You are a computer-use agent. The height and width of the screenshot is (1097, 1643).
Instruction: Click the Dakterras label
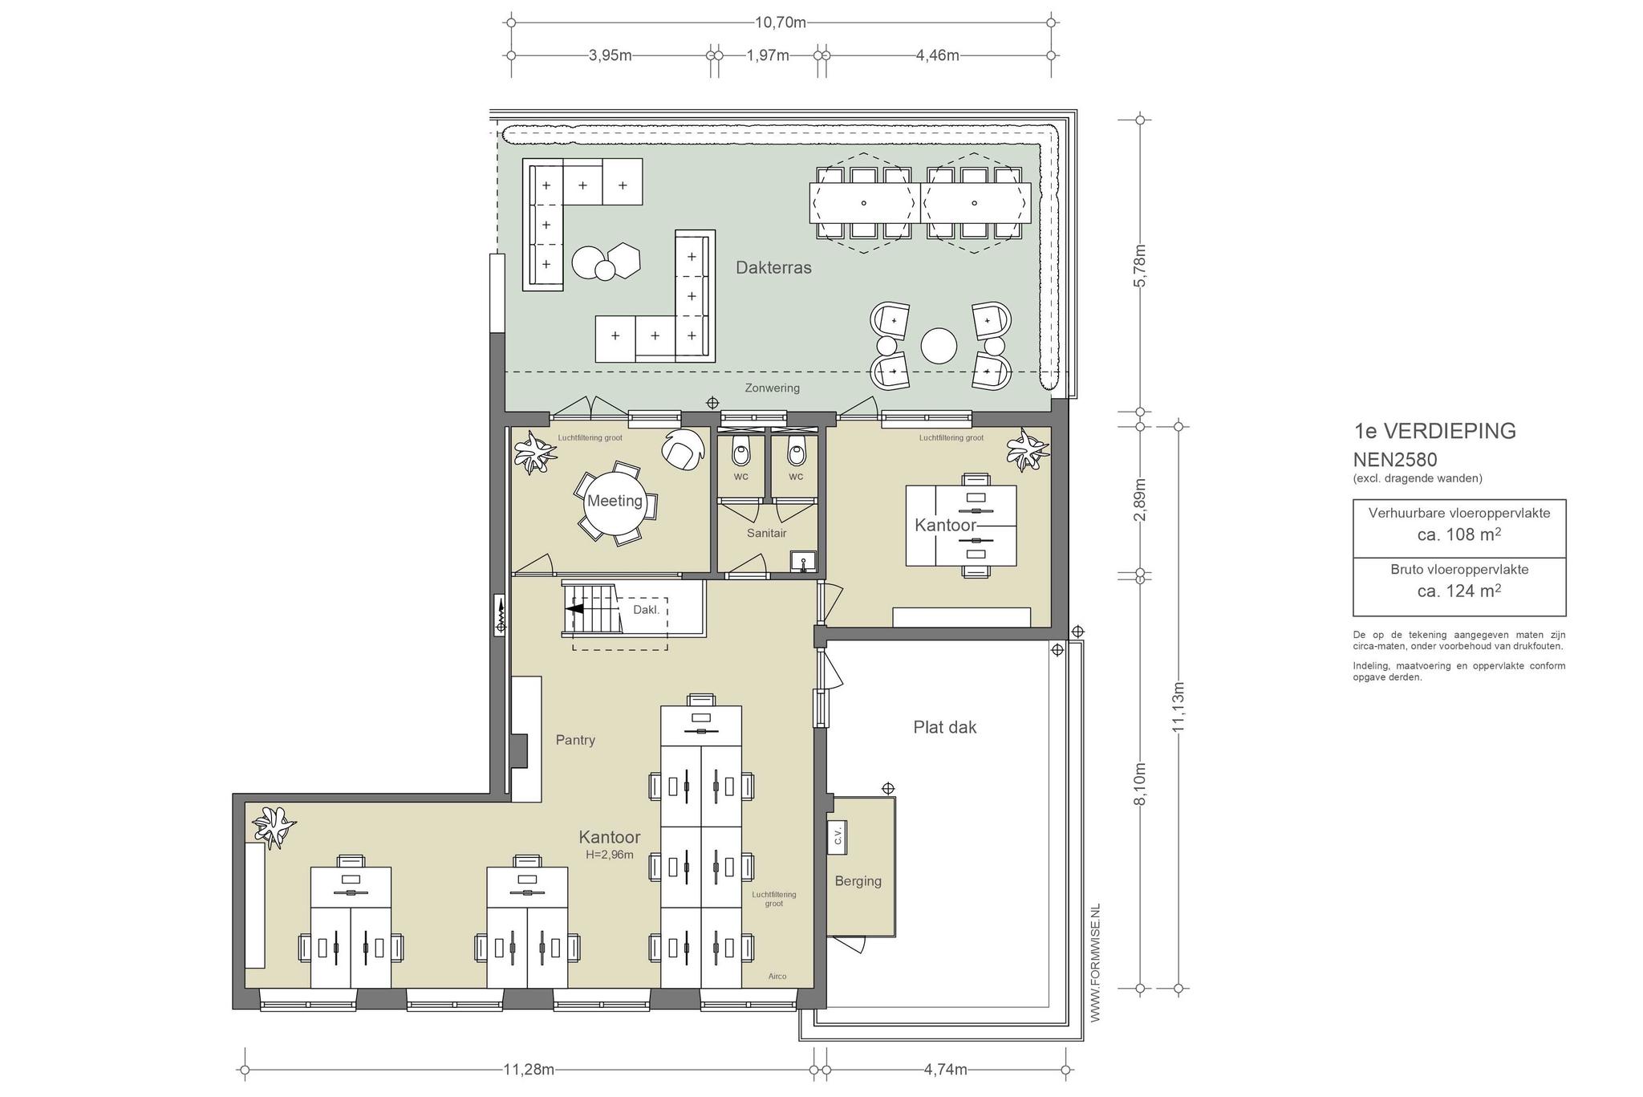[773, 268]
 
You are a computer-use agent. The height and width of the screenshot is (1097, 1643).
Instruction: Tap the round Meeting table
[615, 502]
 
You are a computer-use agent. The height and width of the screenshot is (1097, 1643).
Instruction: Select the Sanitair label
[766, 533]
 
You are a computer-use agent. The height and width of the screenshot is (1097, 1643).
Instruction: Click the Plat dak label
[945, 727]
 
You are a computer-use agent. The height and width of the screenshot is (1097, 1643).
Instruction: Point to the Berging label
[858, 881]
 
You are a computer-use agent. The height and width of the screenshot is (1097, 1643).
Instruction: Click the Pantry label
[575, 740]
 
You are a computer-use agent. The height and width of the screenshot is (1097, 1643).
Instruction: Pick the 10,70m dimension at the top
[781, 22]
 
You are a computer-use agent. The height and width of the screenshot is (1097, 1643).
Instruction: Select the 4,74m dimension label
[945, 1070]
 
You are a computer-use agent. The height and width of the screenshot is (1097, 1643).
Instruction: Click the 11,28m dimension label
[529, 1070]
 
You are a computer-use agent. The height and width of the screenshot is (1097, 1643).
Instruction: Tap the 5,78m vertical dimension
[1141, 265]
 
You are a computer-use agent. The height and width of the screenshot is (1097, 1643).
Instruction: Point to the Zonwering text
[772, 388]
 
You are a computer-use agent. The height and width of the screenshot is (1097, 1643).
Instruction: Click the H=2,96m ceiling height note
[610, 855]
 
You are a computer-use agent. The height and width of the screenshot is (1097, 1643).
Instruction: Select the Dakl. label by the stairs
[646, 610]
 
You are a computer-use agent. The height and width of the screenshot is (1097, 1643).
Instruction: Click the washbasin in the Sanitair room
[802, 561]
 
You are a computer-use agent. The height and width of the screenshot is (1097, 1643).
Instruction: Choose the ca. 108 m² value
[1459, 534]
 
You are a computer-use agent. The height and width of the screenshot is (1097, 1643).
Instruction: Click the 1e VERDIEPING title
[1435, 432]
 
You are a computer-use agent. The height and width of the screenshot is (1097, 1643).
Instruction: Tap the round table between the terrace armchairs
[939, 347]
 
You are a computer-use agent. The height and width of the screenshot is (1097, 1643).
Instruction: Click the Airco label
[777, 977]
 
